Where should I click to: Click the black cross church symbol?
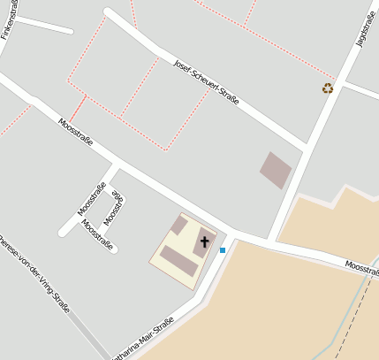pyautogui.click(x=205, y=241)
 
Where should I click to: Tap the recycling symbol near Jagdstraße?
pyautogui.click(x=328, y=88)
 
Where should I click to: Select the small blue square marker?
pyautogui.click(x=223, y=250)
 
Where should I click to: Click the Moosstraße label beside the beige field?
pyautogui.click(x=361, y=266)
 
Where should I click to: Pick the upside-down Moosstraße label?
pyautogui.click(x=113, y=210)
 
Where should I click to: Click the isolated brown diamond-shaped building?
pyautogui.click(x=275, y=169)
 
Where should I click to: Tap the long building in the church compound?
pyautogui.click(x=178, y=262)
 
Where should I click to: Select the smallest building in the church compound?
pyautogui.click(x=178, y=226)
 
